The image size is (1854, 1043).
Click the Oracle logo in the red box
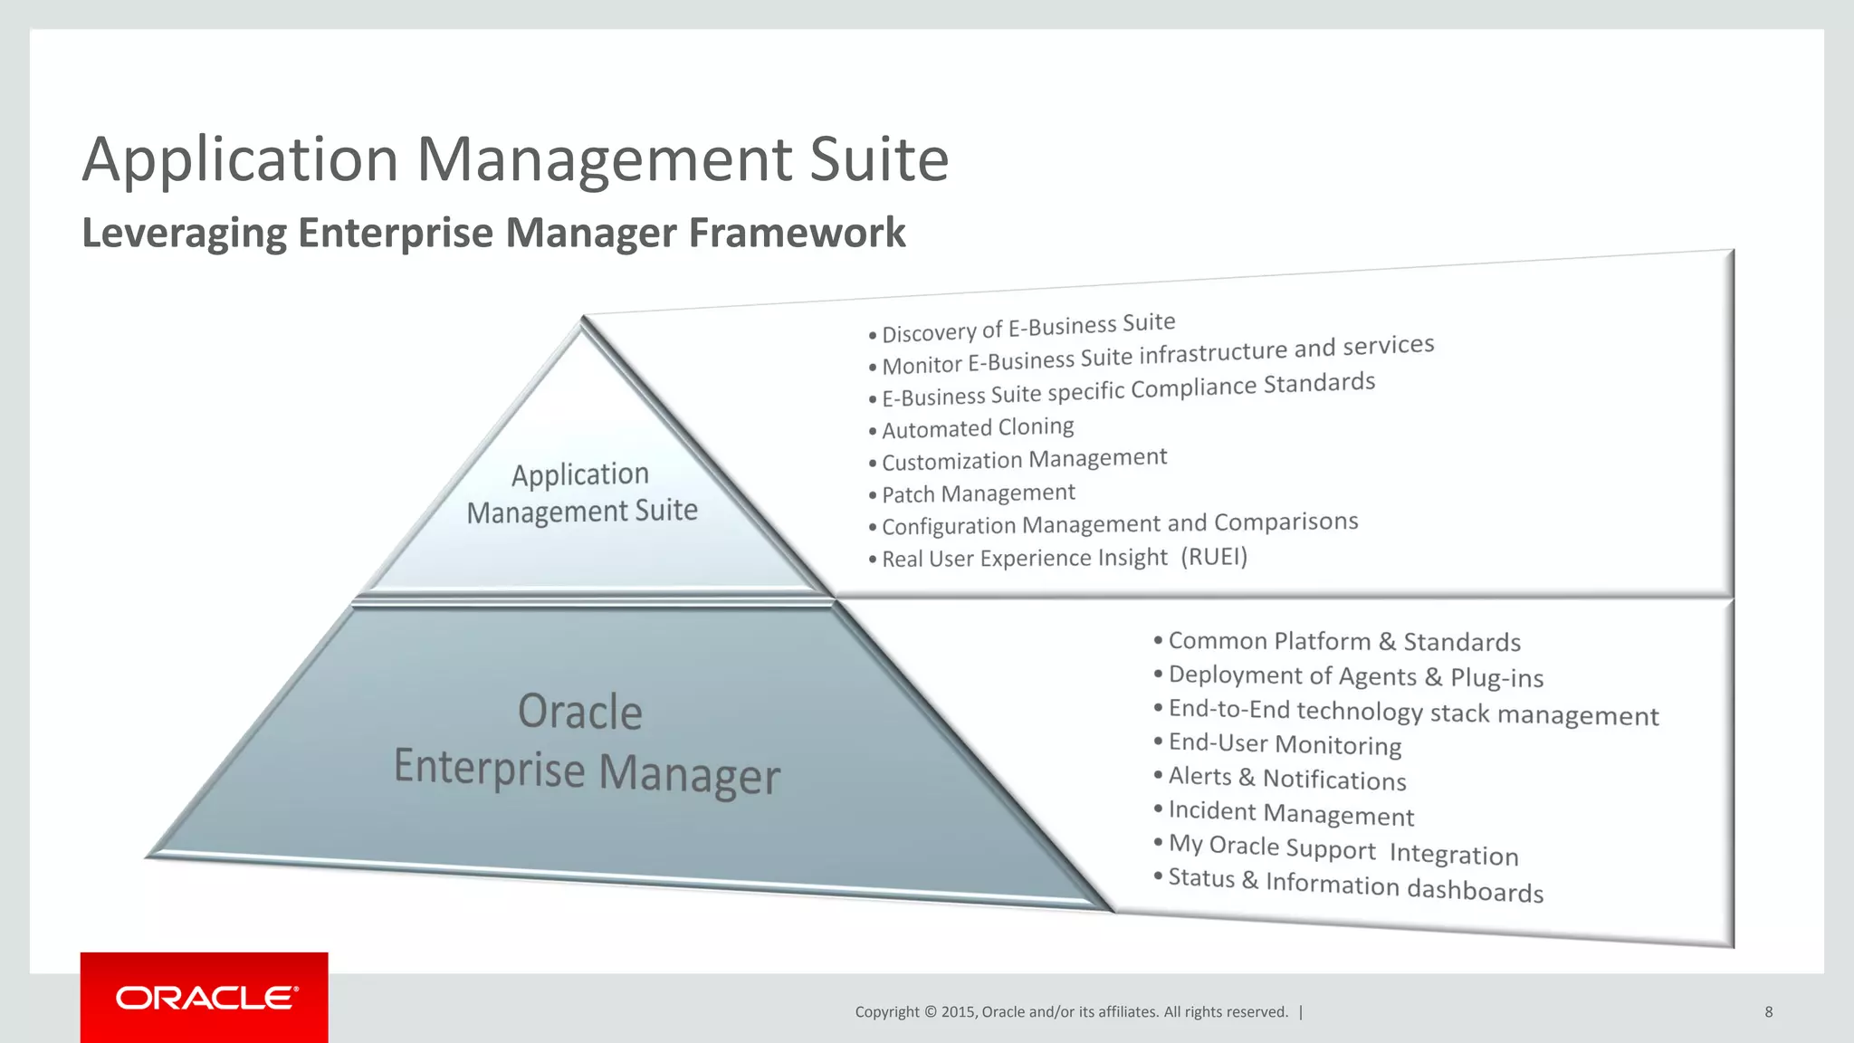click(x=206, y=998)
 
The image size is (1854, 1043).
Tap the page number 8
click(x=1768, y=1012)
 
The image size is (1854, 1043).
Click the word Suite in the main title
click(x=878, y=159)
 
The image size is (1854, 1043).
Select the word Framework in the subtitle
click(x=797, y=233)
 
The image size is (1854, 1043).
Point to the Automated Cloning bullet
click(x=978, y=427)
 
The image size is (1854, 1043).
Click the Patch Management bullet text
click(x=978, y=493)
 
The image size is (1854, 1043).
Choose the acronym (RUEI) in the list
click(x=1213, y=556)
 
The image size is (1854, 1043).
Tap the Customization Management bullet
click(x=1024, y=459)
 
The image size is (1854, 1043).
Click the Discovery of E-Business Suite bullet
click(x=1028, y=328)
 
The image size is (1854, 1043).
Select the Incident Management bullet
click(x=1291, y=812)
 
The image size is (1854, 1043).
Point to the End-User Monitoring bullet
click(x=1285, y=743)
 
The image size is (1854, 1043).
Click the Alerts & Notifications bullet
click(x=1286, y=778)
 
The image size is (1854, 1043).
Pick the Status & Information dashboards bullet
click(x=1355, y=885)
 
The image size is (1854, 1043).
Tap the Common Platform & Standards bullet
click(x=1344, y=641)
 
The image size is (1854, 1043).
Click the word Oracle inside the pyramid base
click(x=580, y=712)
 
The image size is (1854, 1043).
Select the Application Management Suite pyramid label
click(x=581, y=493)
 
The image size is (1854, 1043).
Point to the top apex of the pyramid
click(x=582, y=319)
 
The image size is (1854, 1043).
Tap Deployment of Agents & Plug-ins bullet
click(x=1355, y=675)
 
